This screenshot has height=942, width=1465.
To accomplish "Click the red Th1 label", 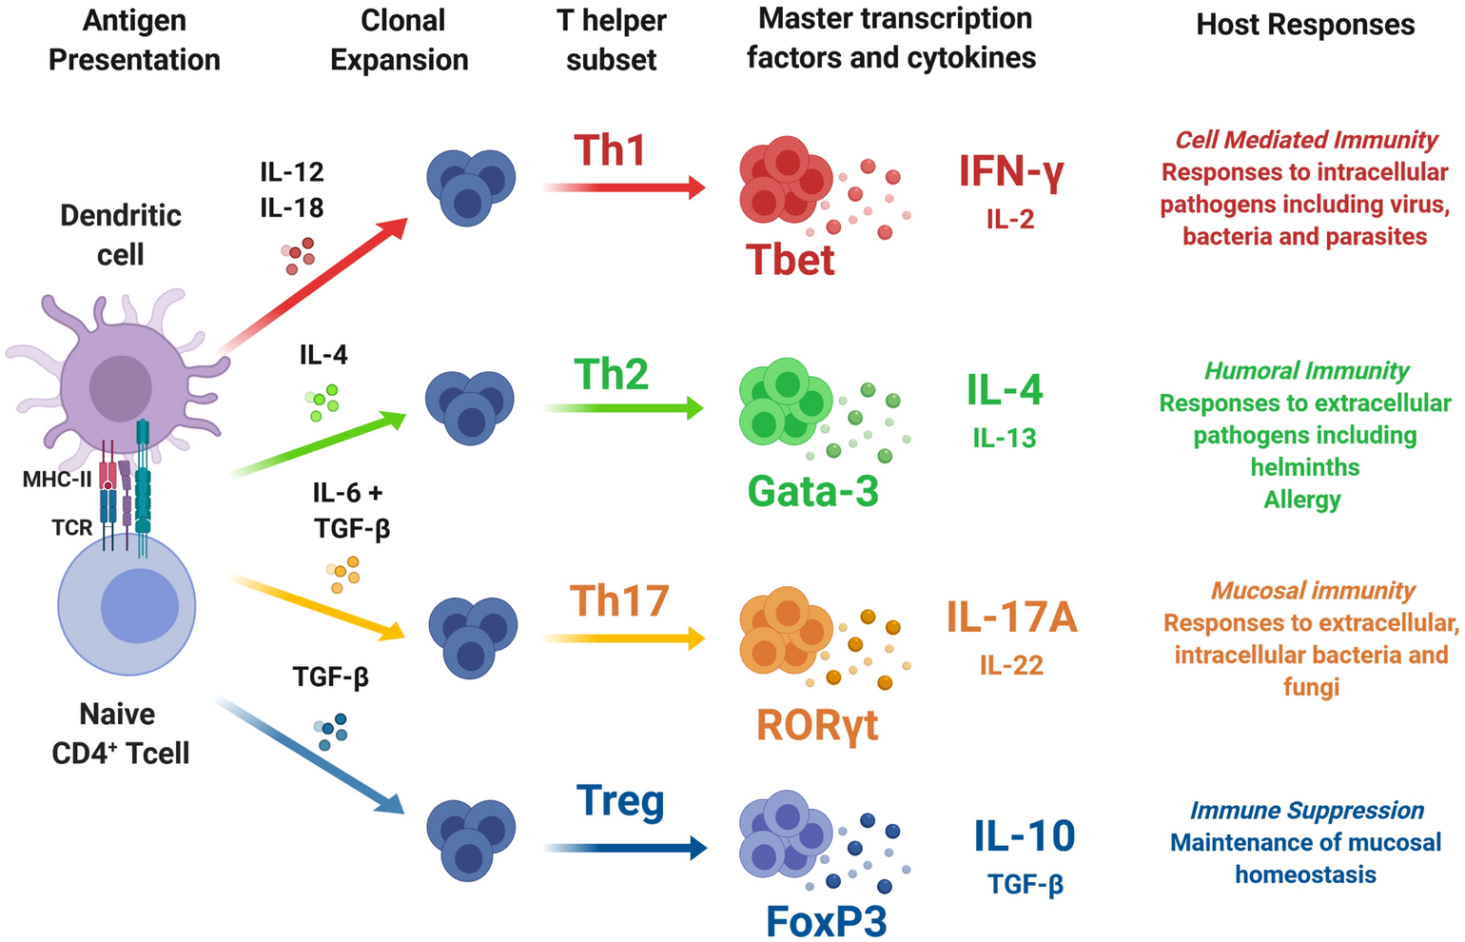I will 610,150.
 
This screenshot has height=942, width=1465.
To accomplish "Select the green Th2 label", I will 611,374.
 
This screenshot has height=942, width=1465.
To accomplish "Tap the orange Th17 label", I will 619,600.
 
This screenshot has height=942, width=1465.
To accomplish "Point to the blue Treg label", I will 620,800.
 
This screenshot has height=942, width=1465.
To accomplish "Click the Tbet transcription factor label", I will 791,260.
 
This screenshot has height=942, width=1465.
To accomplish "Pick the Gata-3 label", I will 812,491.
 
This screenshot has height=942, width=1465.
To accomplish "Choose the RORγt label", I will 816,724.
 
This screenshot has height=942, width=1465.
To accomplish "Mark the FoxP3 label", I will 826,920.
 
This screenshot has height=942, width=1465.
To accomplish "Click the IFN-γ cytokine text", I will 1011,171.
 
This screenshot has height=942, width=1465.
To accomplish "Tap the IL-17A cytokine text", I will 1011,618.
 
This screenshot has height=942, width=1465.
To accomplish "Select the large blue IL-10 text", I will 1025,836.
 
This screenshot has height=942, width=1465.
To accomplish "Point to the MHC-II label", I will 57,479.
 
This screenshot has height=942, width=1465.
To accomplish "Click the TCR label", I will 72,527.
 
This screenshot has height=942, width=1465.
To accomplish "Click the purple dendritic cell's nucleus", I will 121,388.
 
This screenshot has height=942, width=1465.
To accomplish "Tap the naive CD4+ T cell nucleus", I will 140,605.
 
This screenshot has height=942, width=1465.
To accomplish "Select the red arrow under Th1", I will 623,187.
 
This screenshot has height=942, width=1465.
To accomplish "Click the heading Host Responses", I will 1305,25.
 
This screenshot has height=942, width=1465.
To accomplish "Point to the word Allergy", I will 1302,500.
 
